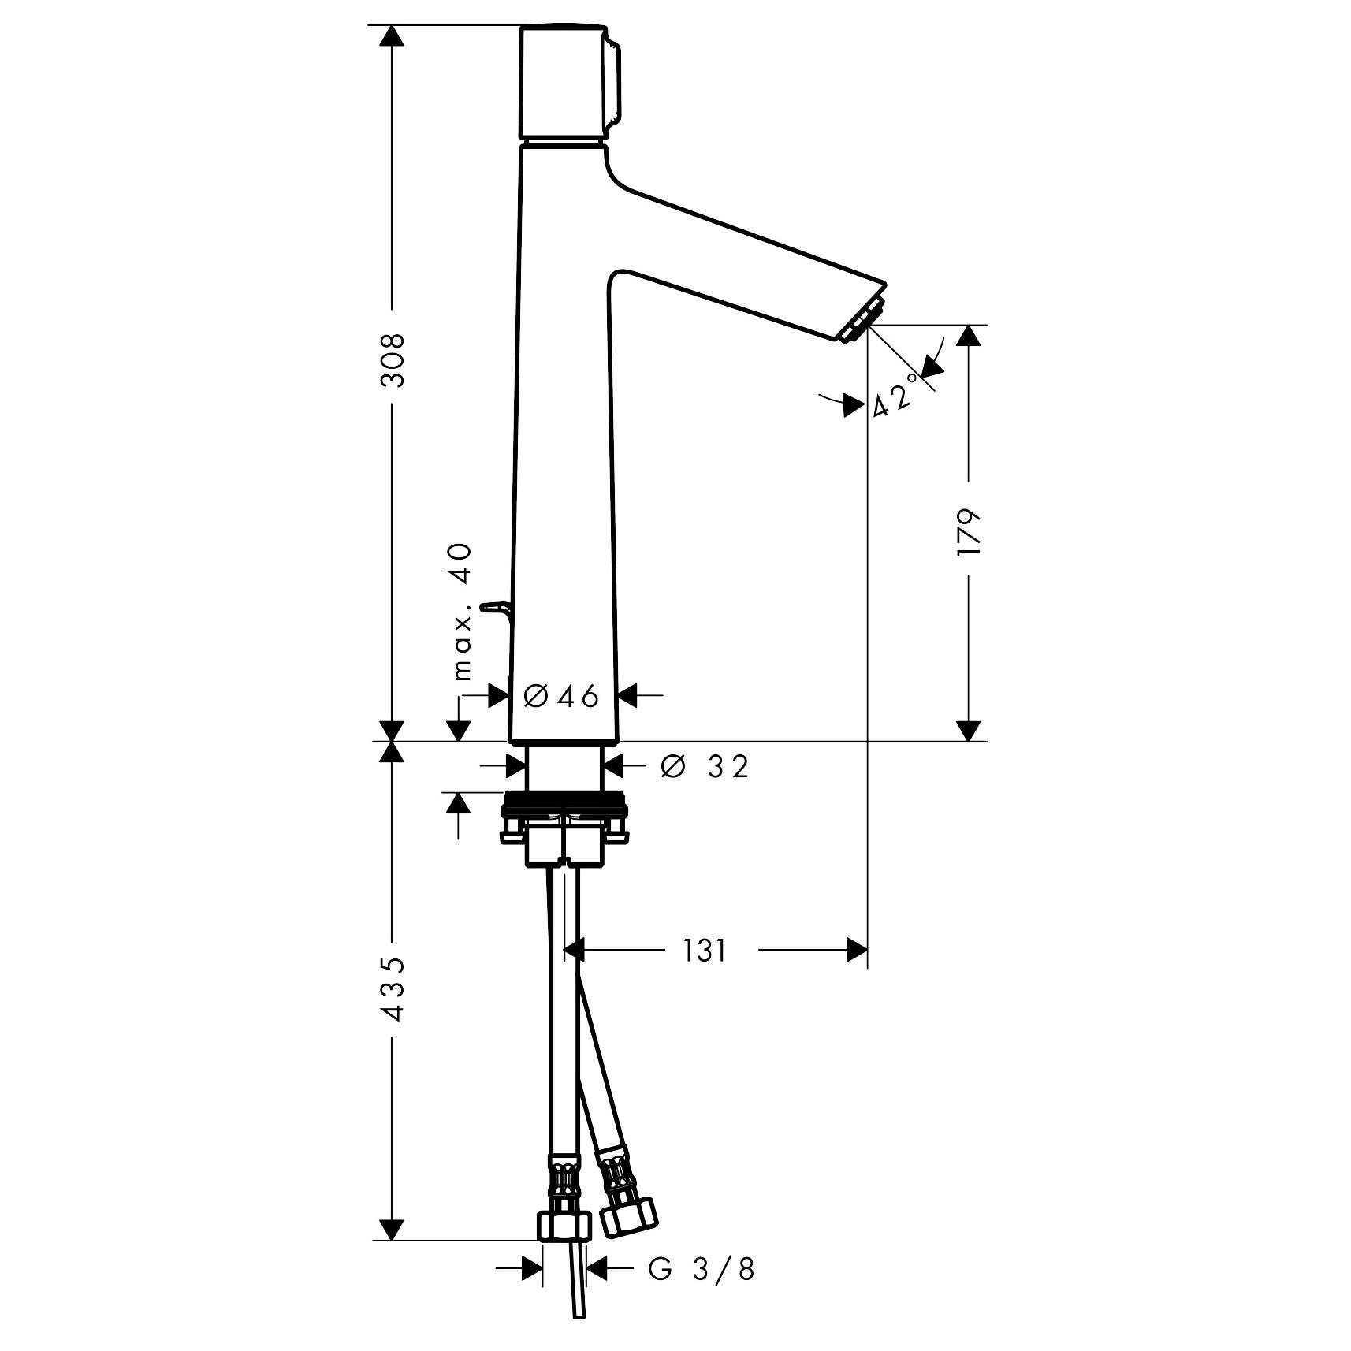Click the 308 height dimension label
[x=392, y=359]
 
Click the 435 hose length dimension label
[x=392, y=989]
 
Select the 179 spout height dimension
[x=969, y=534]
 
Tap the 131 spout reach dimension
[x=704, y=951]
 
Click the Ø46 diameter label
[x=561, y=696]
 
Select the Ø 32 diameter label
[x=704, y=765]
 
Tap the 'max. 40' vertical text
[x=462, y=612]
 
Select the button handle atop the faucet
[x=568, y=83]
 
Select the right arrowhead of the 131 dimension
[x=856, y=951]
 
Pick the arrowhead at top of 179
[x=969, y=336]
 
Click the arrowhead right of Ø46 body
[x=627, y=696]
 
